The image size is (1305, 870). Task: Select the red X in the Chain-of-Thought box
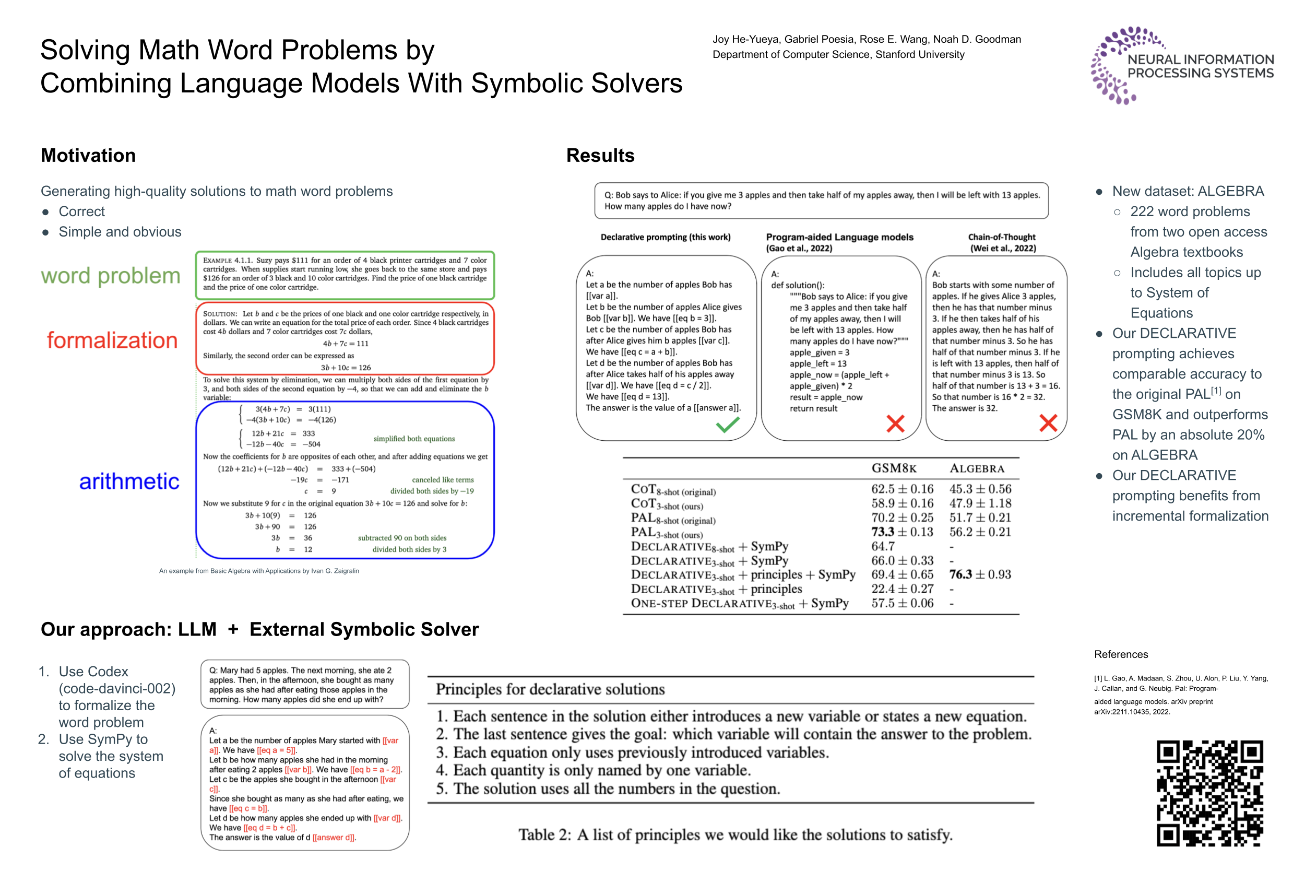pyautogui.click(x=1048, y=423)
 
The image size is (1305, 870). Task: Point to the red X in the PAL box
pyautogui.click(x=895, y=424)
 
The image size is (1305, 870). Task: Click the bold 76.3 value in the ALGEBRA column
pyautogui.click(x=960, y=574)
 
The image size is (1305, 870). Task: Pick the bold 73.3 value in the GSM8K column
pyautogui.click(x=882, y=532)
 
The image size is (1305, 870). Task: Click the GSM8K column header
pyautogui.click(x=894, y=468)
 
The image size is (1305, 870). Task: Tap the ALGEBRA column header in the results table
pyautogui.click(x=977, y=468)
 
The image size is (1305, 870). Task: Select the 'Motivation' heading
pyautogui.click(x=88, y=156)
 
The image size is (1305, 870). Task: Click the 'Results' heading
pyautogui.click(x=600, y=156)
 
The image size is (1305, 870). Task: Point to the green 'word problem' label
pyautogui.click(x=110, y=276)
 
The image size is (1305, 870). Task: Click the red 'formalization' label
pyautogui.click(x=112, y=340)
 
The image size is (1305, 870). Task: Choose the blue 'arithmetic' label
pyautogui.click(x=129, y=481)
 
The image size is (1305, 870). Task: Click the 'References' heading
pyautogui.click(x=1121, y=654)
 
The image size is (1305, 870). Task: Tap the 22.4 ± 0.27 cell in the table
pyautogui.click(x=902, y=589)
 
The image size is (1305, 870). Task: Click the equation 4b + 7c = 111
pyautogui.click(x=346, y=344)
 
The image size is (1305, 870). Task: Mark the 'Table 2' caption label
pyautogui.click(x=544, y=834)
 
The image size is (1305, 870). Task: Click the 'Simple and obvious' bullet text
pyautogui.click(x=120, y=232)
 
